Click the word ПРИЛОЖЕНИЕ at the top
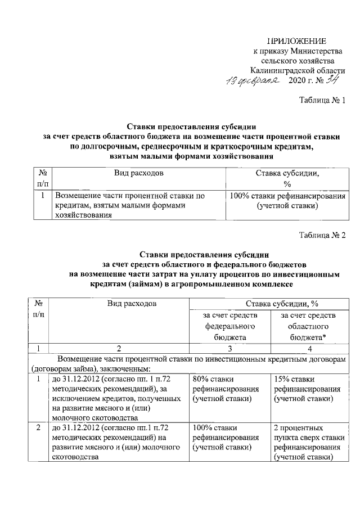coord(296,41)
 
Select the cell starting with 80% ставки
coord(225,389)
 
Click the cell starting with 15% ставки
coord(304,389)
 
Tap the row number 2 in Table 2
coord(38,428)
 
